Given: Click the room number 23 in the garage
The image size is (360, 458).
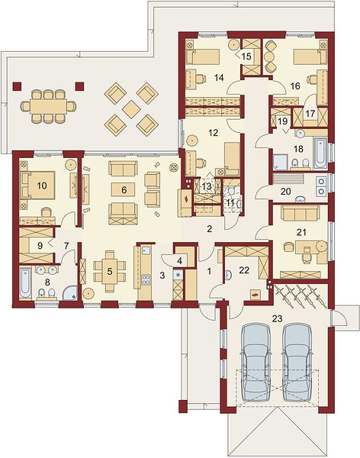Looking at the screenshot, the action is pyautogui.click(x=277, y=318).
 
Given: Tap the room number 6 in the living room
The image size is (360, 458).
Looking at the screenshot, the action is pyautogui.click(x=124, y=190).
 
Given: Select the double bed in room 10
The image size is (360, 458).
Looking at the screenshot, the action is pyautogui.click(x=37, y=185).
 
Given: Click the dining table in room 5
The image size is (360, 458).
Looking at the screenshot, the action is pyautogui.click(x=110, y=271).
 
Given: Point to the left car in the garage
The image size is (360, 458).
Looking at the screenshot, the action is pyautogui.click(x=256, y=362).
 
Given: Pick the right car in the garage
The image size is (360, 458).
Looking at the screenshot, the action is pyautogui.click(x=297, y=362).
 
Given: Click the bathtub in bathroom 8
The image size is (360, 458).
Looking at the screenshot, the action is pyautogui.click(x=25, y=283).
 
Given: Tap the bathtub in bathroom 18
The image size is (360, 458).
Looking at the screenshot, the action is pyautogui.click(x=320, y=153).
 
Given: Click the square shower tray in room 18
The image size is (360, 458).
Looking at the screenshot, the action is pyautogui.click(x=280, y=162).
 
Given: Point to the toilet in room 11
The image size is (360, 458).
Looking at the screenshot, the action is pyautogui.click(x=231, y=192).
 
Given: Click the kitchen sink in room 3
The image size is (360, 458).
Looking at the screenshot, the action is pyautogui.click(x=146, y=250).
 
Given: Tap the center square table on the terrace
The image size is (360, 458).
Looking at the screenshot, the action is pyautogui.click(x=131, y=109).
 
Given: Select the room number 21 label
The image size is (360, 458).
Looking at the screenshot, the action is pyautogui.click(x=301, y=232).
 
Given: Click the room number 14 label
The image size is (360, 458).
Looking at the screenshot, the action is pyautogui.click(x=219, y=77).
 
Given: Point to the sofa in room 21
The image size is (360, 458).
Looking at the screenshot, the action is pyautogui.click(x=301, y=213).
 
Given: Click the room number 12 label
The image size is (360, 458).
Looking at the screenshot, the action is pyautogui.click(x=213, y=133).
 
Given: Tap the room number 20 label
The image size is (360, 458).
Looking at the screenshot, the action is pyautogui.click(x=286, y=192).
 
